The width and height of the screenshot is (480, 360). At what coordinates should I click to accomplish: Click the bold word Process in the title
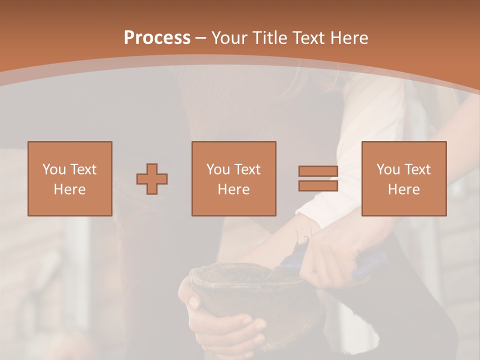click(157, 37)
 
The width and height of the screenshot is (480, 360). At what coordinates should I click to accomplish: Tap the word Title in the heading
click(270, 37)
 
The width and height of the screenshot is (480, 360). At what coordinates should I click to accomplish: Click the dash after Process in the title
click(201, 38)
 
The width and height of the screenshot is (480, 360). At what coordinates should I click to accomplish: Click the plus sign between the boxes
click(152, 178)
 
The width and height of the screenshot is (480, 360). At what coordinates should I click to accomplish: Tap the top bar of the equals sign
click(318, 171)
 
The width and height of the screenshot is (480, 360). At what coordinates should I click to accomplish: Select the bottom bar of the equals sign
click(318, 186)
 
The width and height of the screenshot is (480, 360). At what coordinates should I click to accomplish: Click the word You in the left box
click(54, 169)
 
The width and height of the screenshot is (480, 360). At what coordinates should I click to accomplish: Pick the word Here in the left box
click(69, 189)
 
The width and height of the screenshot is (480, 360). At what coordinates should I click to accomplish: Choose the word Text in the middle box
click(247, 169)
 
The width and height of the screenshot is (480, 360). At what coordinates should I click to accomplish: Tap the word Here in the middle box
click(233, 189)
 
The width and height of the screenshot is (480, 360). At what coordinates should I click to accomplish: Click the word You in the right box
click(388, 169)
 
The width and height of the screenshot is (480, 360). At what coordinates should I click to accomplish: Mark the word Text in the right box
click(417, 169)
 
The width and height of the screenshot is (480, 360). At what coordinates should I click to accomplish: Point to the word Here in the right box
click(403, 189)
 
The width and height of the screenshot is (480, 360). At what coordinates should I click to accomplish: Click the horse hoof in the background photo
click(230, 290)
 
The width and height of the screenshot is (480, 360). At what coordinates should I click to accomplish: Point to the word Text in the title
click(308, 37)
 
